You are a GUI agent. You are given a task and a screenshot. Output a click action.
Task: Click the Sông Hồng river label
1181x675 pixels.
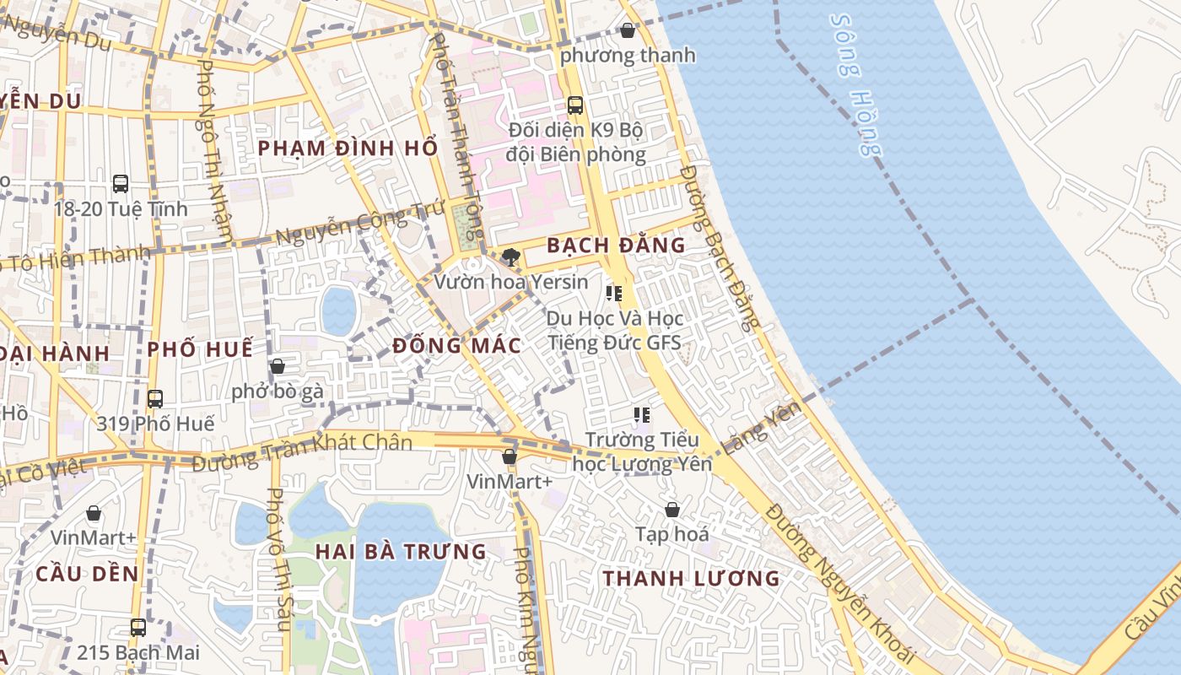pyautogui.click(x=854, y=84)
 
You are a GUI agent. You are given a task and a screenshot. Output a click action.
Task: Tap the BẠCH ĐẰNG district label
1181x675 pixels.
pyautogui.click(x=616, y=246)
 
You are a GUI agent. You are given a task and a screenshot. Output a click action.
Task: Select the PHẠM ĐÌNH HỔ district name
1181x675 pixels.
pyautogui.click(x=348, y=148)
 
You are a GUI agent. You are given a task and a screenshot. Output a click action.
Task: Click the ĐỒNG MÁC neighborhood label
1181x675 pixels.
pyautogui.click(x=457, y=346)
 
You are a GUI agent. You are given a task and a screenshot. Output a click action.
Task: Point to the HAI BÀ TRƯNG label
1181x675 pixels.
pyautogui.click(x=402, y=552)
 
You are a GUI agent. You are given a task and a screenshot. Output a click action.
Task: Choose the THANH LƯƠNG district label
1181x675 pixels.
pyautogui.click(x=692, y=579)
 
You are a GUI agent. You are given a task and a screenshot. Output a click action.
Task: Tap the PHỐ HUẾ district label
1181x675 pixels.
pyautogui.click(x=200, y=349)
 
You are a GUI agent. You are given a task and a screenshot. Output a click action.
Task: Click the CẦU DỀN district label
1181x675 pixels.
pyautogui.click(x=87, y=574)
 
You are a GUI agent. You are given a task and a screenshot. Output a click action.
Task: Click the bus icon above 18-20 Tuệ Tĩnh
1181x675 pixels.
pyautogui.click(x=121, y=183)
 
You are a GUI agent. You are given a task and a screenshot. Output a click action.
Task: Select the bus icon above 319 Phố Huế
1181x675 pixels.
pyautogui.click(x=155, y=398)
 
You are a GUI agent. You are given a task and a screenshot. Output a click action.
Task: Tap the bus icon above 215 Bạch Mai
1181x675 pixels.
pyautogui.click(x=138, y=628)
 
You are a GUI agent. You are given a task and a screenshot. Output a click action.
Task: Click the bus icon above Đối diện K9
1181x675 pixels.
pyautogui.click(x=575, y=105)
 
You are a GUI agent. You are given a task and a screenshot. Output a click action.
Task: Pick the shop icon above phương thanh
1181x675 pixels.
pyautogui.click(x=628, y=31)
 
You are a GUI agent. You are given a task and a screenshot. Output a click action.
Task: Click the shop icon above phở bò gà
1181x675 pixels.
pyautogui.click(x=277, y=366)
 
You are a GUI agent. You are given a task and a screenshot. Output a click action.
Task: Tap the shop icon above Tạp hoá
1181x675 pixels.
pyautogui.click(x=672, y=510)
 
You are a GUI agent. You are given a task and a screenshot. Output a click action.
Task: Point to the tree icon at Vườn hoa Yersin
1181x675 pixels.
pyautogui.click(x=510, y=256)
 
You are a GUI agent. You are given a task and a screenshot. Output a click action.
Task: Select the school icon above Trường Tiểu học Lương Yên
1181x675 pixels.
pyautogui.click(x=642, y=415)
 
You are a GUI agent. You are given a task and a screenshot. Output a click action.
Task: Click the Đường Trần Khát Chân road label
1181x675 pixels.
pyautogui.click(x=302, y=452)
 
